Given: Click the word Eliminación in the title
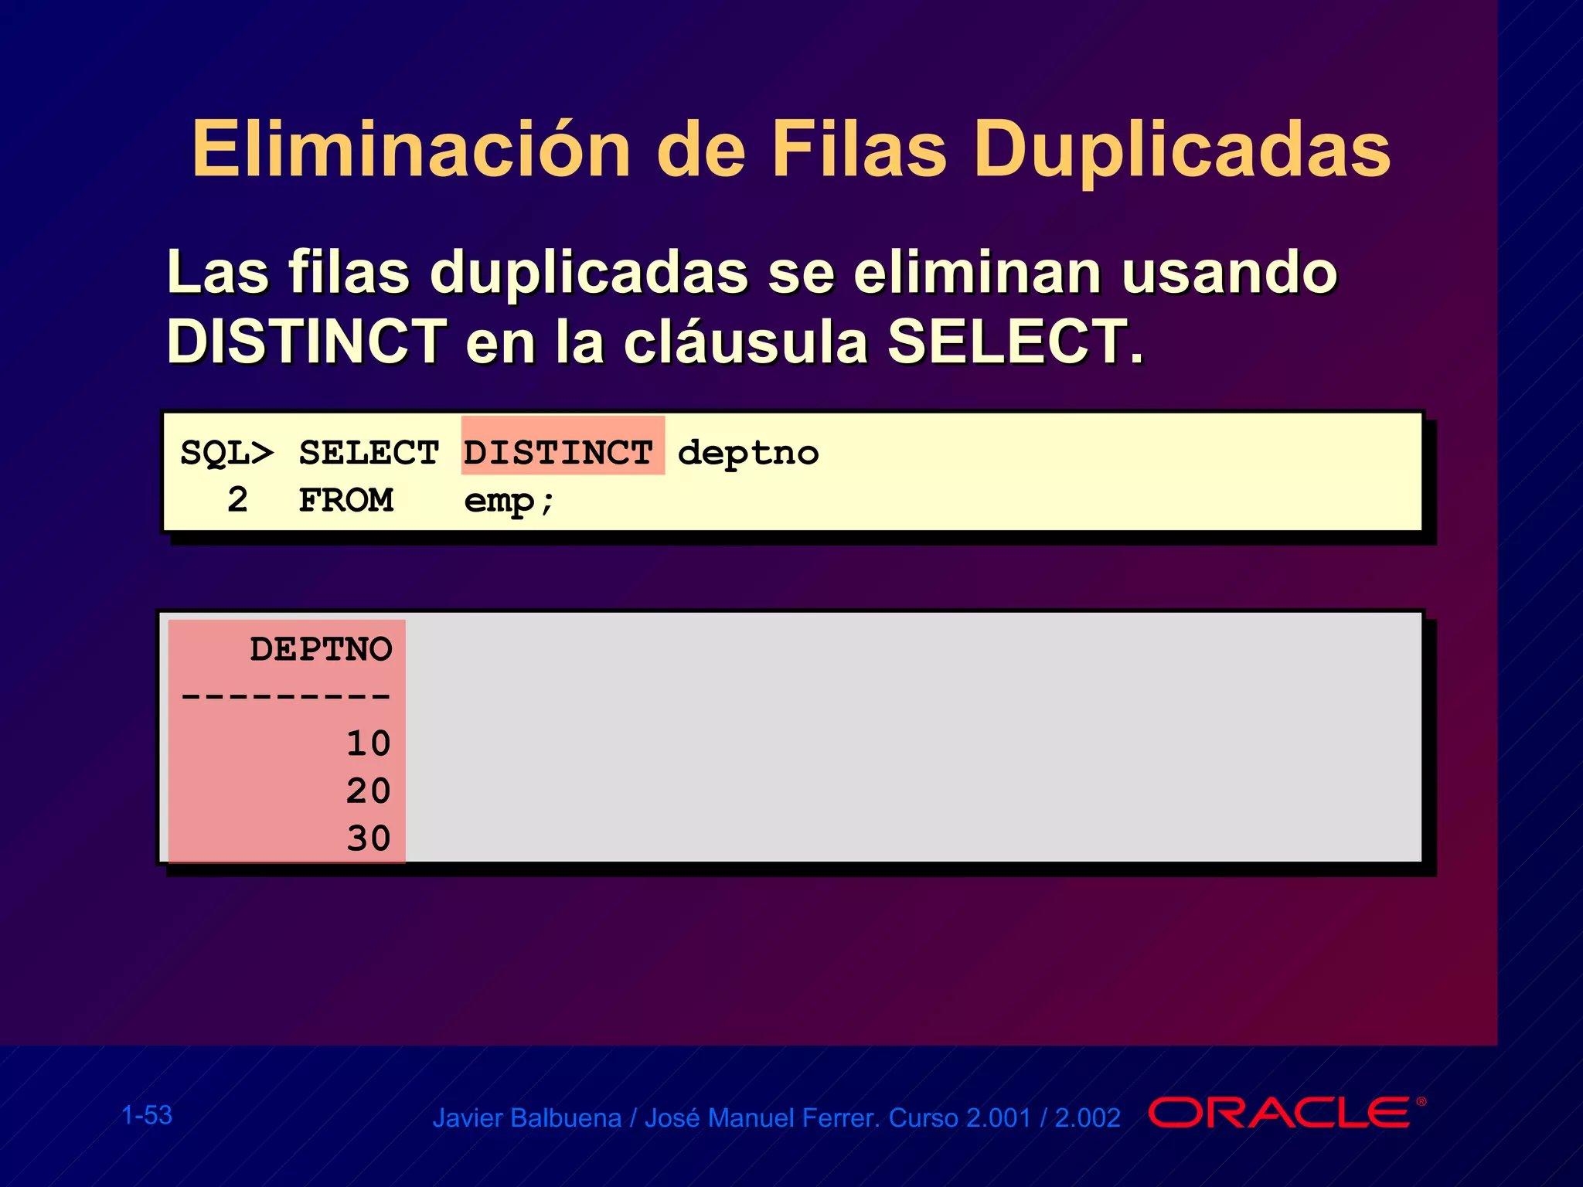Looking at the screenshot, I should click(410, 149).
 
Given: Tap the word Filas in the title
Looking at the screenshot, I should click(859, 149).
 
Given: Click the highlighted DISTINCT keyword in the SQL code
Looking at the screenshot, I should click(559, 452).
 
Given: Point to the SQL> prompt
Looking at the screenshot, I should click(226, 453).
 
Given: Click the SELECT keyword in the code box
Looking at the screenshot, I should click(369, 453).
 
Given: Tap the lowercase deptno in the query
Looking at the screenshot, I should click(747, 454).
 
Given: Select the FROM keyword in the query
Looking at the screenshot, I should click(346, 501).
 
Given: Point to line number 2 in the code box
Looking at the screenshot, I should click(237, 500).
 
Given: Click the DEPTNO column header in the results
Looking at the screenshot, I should click(321, 649).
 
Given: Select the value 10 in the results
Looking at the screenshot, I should click(368, 743).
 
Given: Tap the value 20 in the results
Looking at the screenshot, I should click(368, 791).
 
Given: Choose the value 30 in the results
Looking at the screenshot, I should click(368, 838).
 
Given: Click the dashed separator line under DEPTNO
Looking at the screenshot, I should click(285, 696).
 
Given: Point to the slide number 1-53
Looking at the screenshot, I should click(147, 1115).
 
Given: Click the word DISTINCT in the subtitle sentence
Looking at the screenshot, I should click(306, 341).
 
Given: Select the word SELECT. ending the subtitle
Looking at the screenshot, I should click(1014, 341).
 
